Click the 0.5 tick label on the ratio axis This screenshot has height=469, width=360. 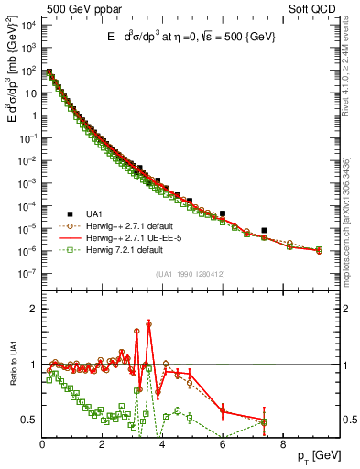pos(29,420)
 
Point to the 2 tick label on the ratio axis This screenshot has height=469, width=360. pos(35,309)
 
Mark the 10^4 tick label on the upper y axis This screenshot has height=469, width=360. pos(28,24)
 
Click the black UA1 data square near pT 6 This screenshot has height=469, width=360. pos(223,213)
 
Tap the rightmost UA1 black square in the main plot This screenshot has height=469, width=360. pos(264,230)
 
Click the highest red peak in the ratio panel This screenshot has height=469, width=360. pos(149,323)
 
